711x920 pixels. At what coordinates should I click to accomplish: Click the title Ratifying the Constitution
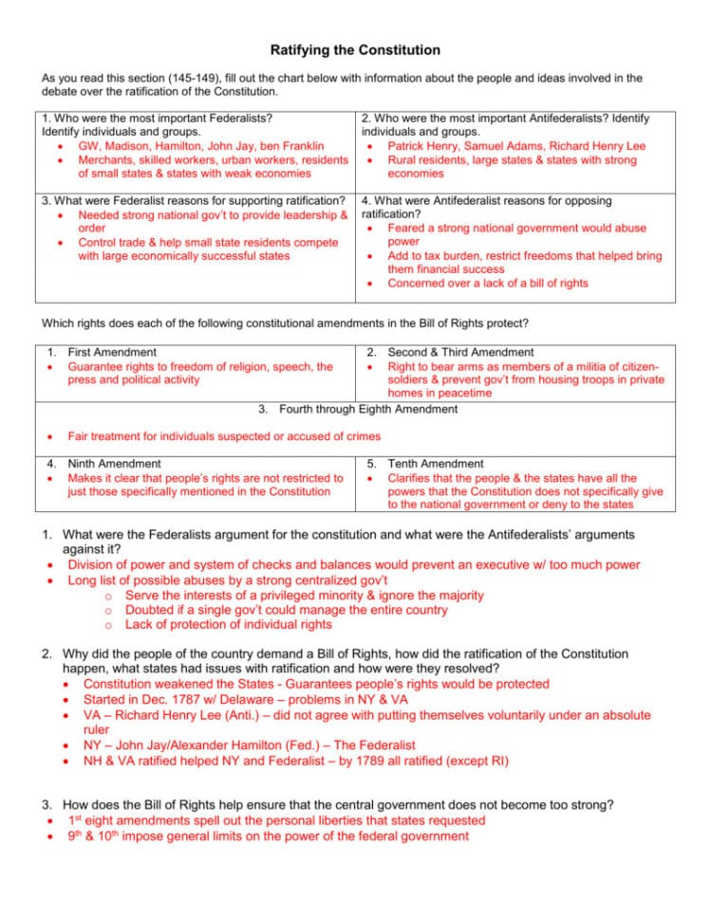click(355, 49)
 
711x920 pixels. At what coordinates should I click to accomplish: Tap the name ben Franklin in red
click(287, 147)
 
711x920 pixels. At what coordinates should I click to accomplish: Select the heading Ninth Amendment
click(114, 464)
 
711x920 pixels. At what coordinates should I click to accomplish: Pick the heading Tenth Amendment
click(435, 464)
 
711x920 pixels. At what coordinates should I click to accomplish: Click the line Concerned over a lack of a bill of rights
click(487, 283)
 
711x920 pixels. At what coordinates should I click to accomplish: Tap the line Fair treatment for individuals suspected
click(223, 436)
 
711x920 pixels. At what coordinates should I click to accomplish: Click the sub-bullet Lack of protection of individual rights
click(228, 625)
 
